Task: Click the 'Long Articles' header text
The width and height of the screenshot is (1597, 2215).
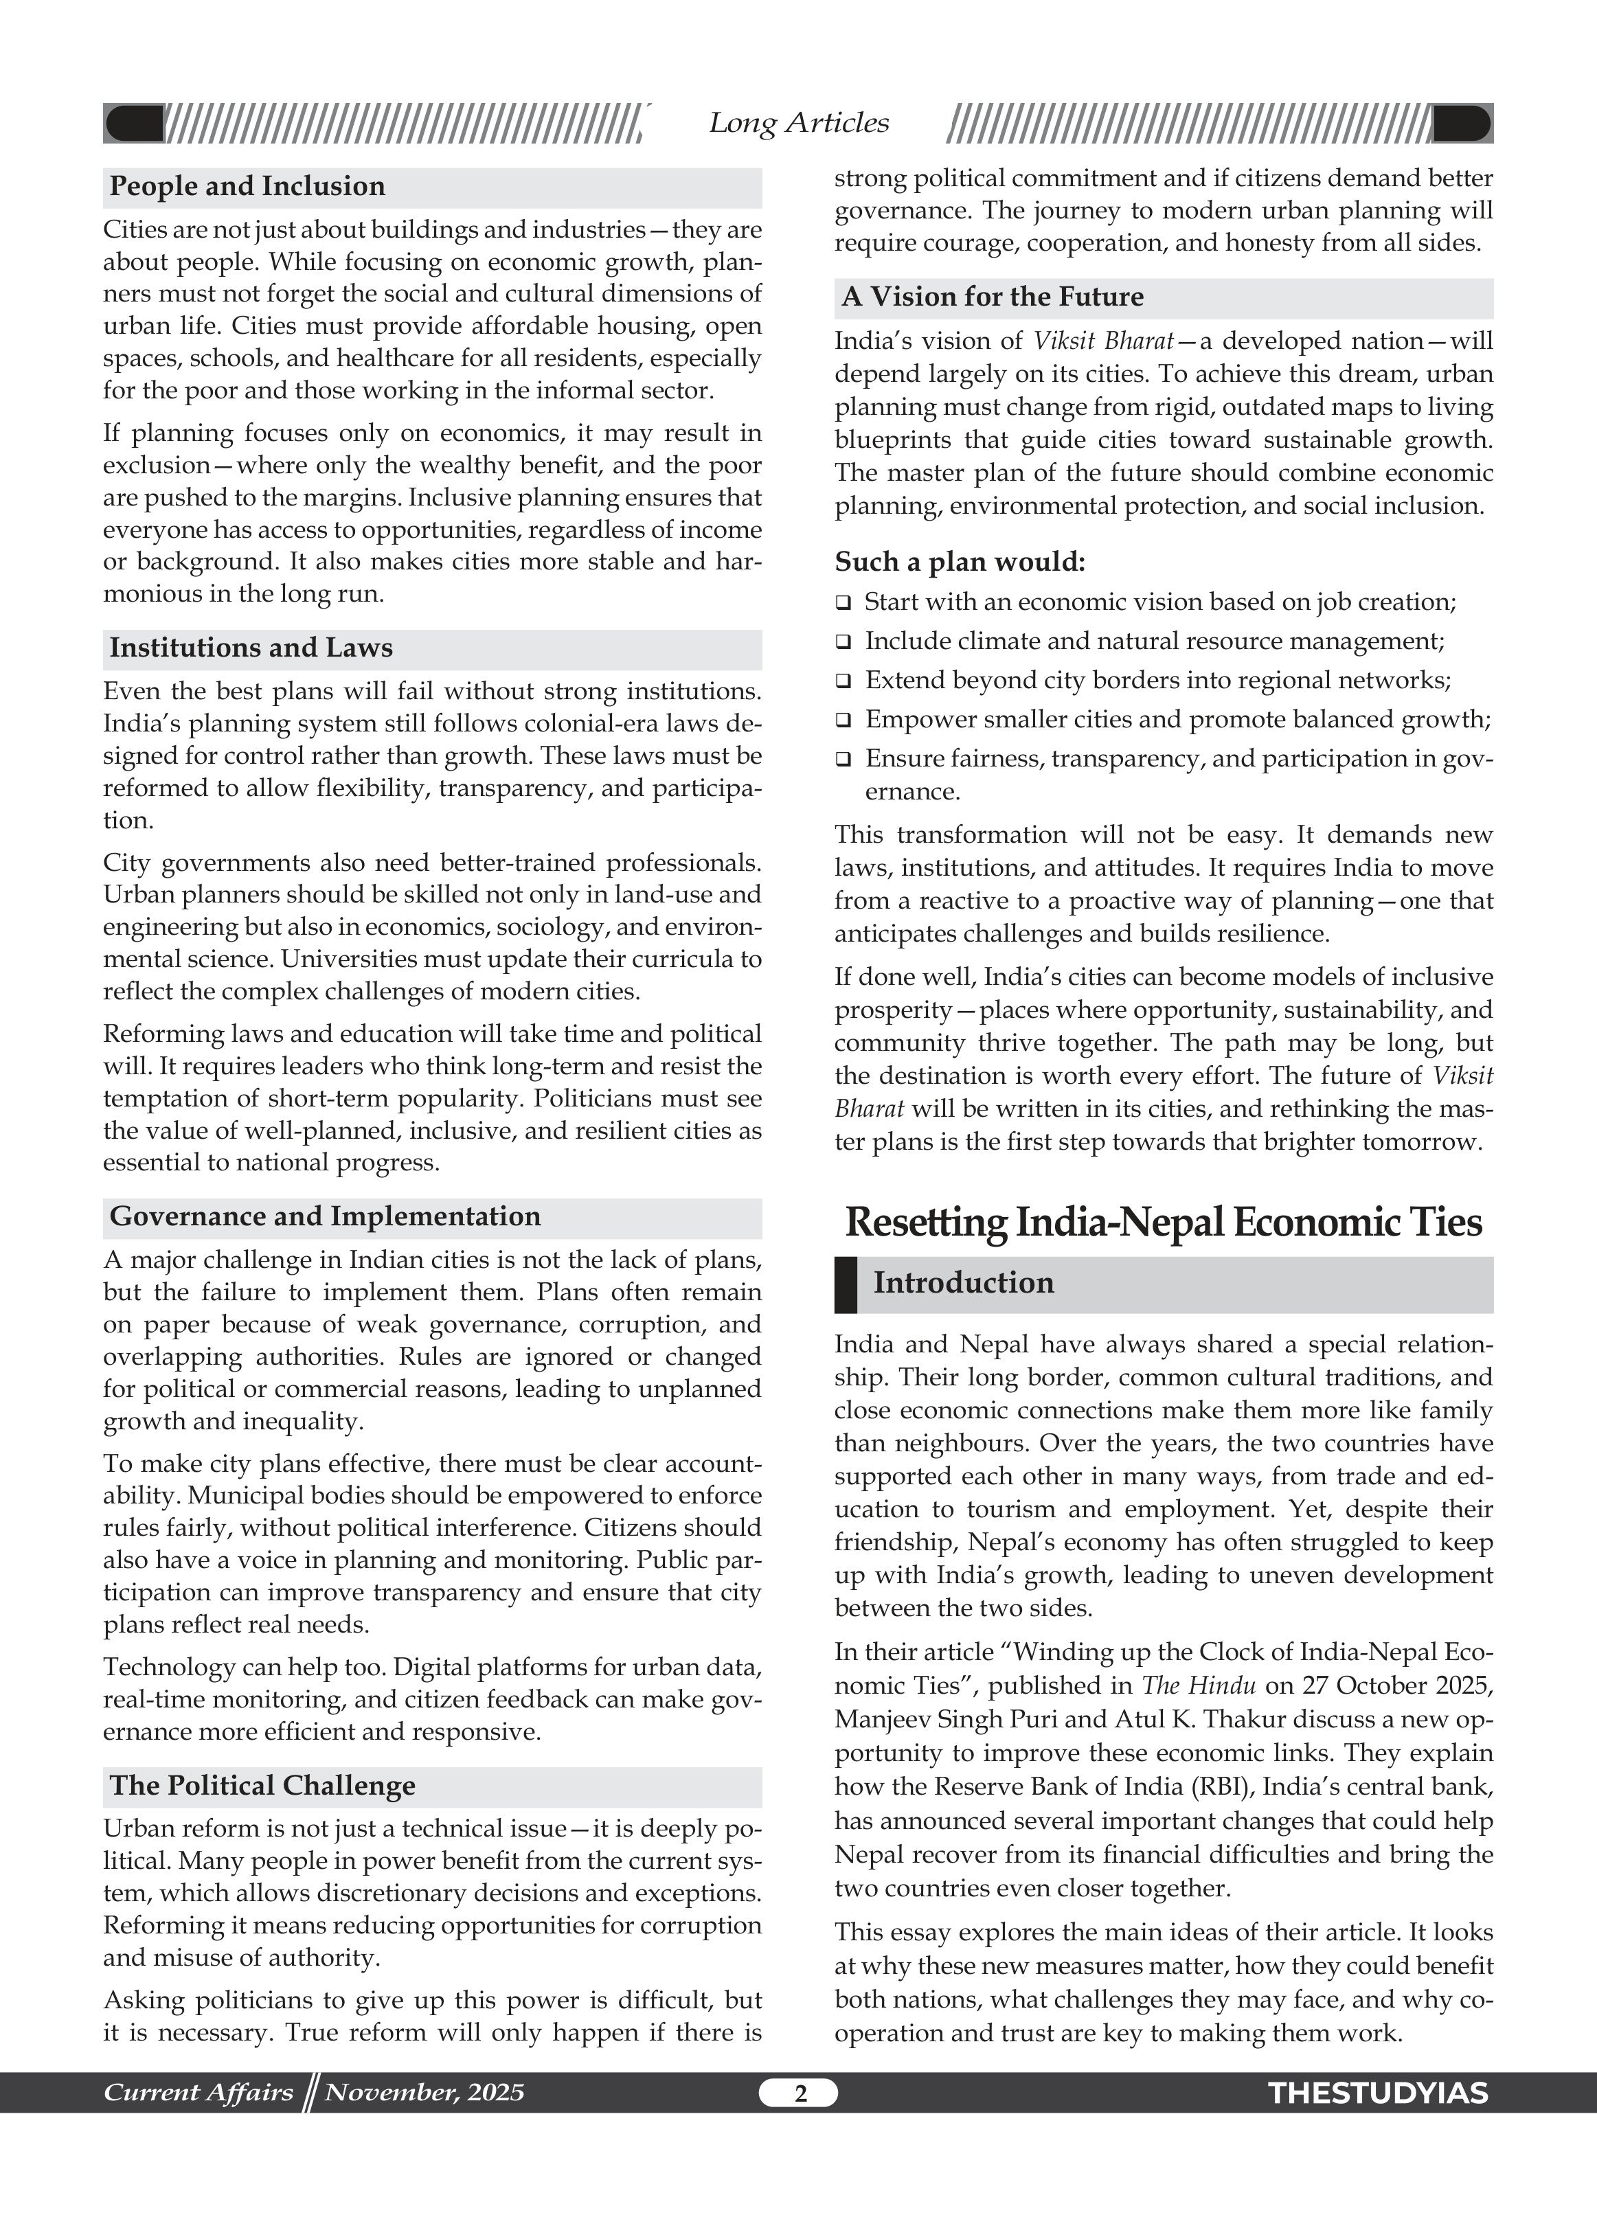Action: coord(798,123)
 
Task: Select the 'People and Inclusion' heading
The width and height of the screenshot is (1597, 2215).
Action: coord(247,187)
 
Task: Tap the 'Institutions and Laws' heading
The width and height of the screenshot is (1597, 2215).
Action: coord(251,648)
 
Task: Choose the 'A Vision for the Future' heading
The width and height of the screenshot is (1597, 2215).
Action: coord(993,297)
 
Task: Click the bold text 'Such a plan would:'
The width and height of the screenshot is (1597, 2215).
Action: coord(959,563)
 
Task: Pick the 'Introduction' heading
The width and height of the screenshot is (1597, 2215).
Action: coord(963,1282)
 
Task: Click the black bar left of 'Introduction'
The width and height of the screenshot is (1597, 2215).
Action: coord(845,1284)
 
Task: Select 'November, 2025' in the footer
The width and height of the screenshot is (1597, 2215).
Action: coord(424,2092)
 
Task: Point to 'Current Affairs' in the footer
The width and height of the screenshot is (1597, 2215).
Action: coord(199,2092)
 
